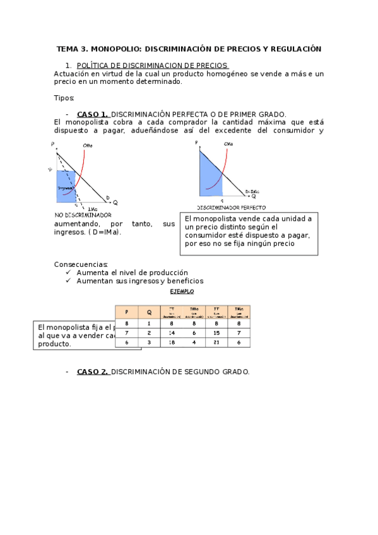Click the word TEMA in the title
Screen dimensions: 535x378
[68, 49]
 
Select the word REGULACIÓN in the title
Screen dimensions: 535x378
[296, 49]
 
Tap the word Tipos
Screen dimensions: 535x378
[64, 98]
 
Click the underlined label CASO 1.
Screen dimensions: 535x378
[93, 114]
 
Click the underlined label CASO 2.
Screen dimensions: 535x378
[93, 372]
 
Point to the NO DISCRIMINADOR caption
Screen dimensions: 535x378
[83, 215]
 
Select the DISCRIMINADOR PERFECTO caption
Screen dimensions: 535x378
[231, 207]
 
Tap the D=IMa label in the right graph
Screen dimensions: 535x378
[253, 191]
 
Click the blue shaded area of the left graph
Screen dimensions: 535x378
[66, 187]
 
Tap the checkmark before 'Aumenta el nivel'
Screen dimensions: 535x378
[69, 273]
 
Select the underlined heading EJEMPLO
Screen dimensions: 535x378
[182, 291]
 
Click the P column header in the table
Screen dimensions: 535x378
[127, 312]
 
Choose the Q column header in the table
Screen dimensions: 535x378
[150, 312]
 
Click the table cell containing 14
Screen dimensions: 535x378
[172, 332]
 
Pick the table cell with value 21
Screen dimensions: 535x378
[216, 342]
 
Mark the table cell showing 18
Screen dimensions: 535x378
[172, 342]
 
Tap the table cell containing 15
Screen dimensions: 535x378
[216, 332]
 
